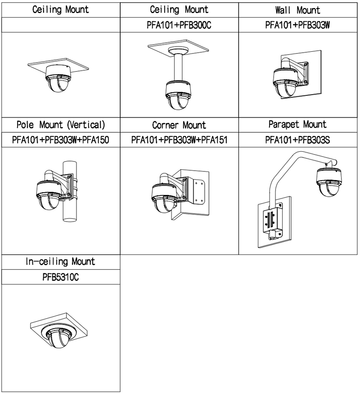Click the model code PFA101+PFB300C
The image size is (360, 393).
point(179,26)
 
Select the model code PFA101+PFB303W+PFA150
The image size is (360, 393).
point(60,140)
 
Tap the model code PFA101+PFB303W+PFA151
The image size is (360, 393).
point(179,140)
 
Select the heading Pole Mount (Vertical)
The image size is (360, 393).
point(60,125)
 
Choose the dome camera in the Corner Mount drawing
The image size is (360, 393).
point(164,201)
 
